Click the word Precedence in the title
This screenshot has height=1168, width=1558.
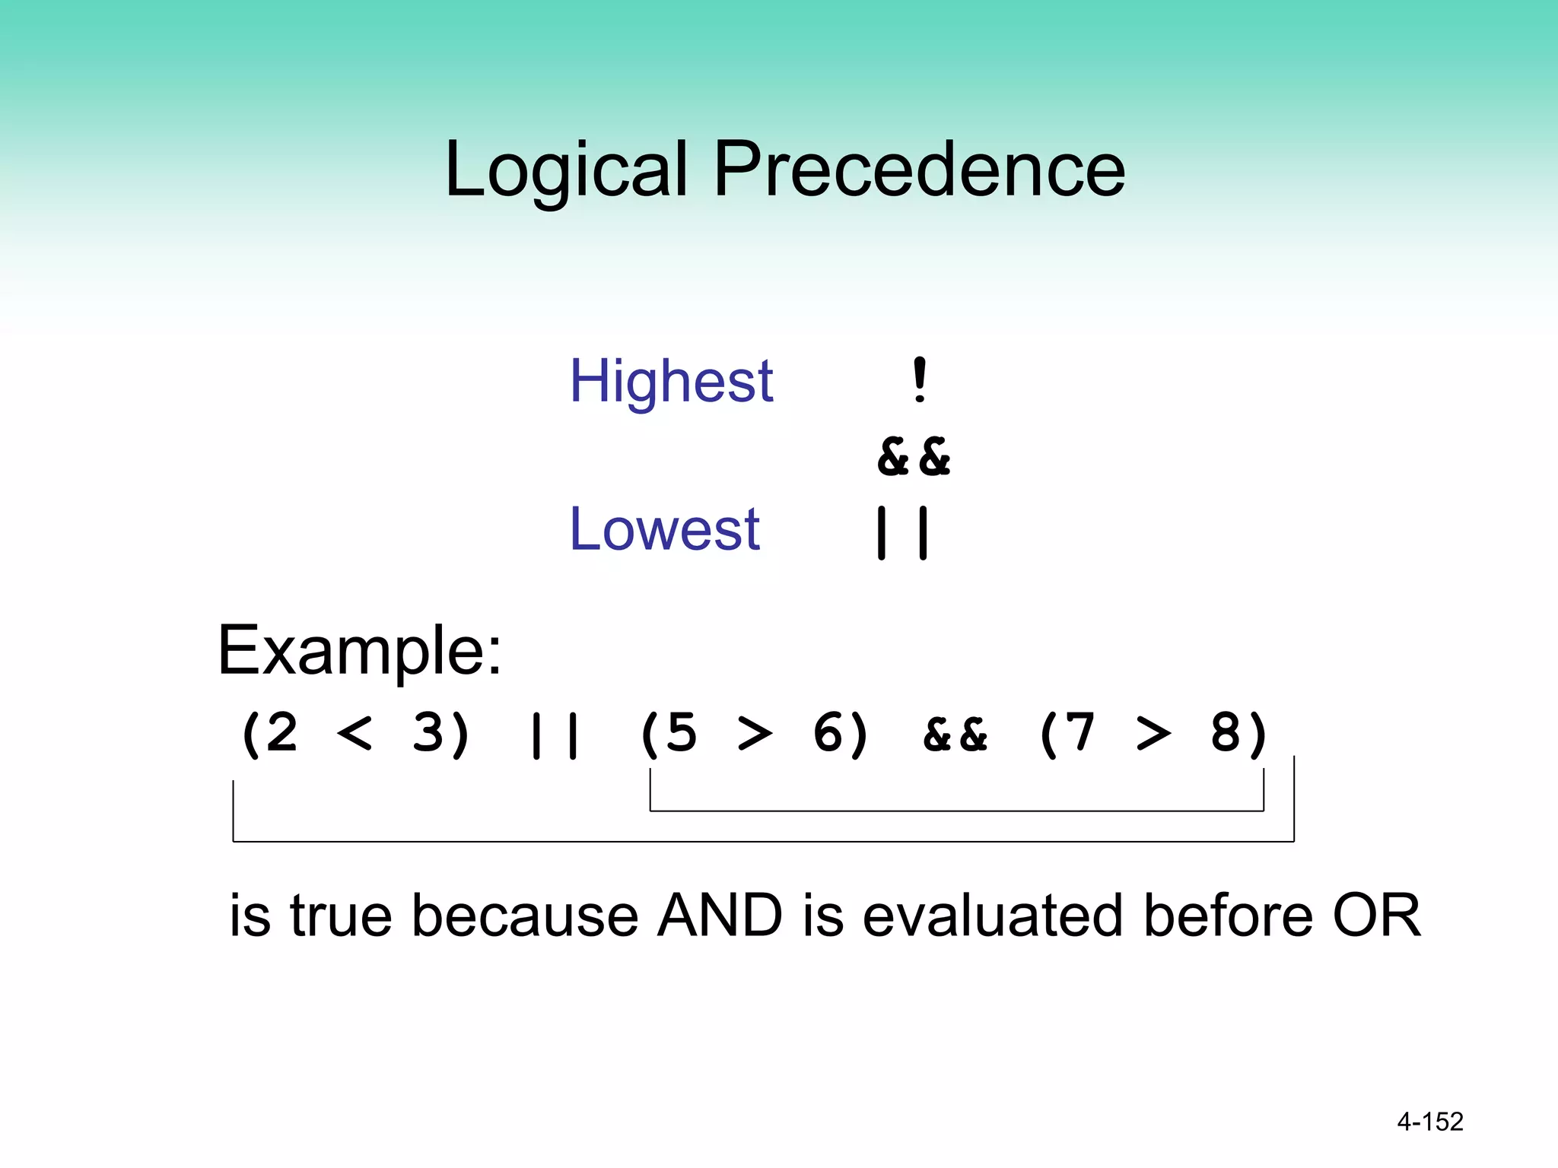pyautogui.click(x=919, y=170)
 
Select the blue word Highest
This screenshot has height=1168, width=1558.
pyautogui.click(x=671, y=382)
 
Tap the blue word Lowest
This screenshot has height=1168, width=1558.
pyautogui.click(x=664, y=529)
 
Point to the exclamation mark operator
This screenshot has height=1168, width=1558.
pyautogui.click(x=920, y=380)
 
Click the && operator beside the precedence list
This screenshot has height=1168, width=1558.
pyautogui.click(x=914, y=457)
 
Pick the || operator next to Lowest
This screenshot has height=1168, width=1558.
pyautogui.click(x=902, y=532)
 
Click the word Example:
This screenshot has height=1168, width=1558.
pyautogui.click(x=360, y=651)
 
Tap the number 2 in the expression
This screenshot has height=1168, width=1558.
pyautogui.click(x=280, y=734)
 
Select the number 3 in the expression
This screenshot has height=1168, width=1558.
pyautogui.click(x=430, y=734)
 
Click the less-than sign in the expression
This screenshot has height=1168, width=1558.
pyautogui.click(x=355, y=735)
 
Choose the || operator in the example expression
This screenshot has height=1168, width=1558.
pyautogui.click(x=555, y=735)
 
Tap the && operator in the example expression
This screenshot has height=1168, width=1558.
pyautogui.click(x=955, y=735)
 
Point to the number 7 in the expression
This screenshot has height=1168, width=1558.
pyautogui.click(x=1079, y=734)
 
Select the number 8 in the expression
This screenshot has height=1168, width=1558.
pyautogui.click(x=1226, y=734)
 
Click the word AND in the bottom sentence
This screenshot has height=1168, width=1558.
pyautogui.click(x=720, y=915)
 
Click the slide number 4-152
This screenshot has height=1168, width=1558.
pyautogui.click(x=1430, y=1122)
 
